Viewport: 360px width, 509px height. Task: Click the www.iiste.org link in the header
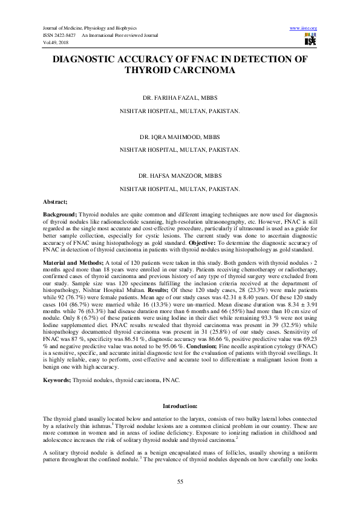tap(304, 28)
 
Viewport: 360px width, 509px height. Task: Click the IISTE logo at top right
tap(311, 39)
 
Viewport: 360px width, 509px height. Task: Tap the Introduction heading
tap(180, 405)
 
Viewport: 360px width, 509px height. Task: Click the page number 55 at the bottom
tap(180, 481)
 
